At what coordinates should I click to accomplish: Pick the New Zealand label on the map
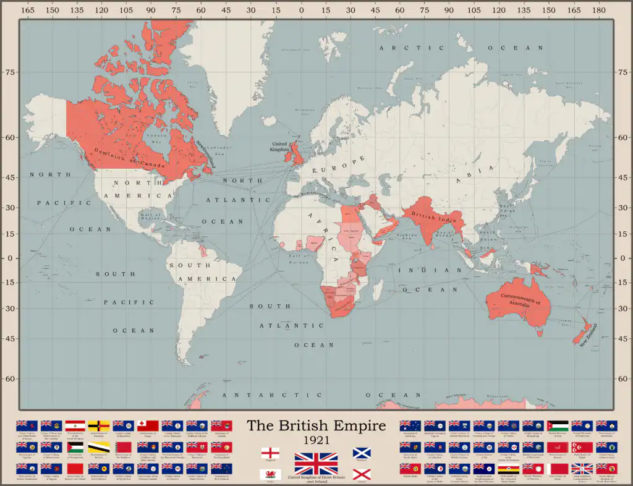(x=589, y=336)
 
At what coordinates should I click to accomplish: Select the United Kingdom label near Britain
(x=279, y=147)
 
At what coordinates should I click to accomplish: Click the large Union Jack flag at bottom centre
(x=316, y=463)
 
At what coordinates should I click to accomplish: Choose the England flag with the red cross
(x=270, y=454)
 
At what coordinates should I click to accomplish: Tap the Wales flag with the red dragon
(x=270, y=475)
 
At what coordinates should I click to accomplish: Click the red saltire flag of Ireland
(x=362, y=475)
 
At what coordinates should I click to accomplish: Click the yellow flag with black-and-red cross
(x=99, y=425)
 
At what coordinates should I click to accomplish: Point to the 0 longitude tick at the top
(x=300, y=10)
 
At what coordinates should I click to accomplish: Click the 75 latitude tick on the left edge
(x=10, y=72)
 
